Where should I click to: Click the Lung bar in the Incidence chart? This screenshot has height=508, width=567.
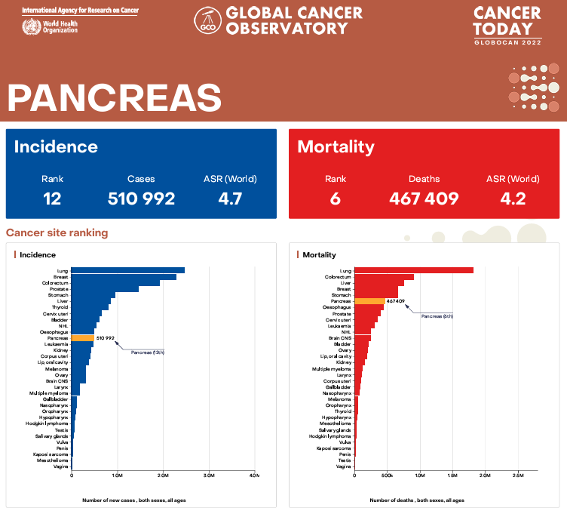128,270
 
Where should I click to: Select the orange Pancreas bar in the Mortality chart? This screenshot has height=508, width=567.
369,301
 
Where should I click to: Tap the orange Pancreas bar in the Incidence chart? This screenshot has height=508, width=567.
83,338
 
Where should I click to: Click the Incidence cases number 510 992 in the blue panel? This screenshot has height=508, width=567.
141,199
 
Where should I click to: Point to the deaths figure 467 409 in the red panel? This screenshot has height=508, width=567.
424,199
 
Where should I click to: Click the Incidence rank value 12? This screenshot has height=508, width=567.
52,199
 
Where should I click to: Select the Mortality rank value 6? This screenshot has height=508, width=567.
335,199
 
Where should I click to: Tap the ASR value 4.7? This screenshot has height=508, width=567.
230,199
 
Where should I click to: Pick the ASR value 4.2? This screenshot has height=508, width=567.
513,199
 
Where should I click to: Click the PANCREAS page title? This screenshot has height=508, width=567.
114,98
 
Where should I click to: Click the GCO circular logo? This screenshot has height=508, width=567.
207,21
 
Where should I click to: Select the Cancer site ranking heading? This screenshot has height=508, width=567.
57,232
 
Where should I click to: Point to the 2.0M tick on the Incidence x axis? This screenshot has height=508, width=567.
163,476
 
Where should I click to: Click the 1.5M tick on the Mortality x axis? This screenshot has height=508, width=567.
452,476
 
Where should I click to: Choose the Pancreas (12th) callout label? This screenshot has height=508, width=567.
148,352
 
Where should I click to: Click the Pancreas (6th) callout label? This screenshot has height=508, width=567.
437,316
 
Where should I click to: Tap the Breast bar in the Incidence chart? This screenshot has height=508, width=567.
124,277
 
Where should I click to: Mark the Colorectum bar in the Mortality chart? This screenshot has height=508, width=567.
384,277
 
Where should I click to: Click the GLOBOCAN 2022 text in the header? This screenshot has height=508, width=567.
507,43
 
